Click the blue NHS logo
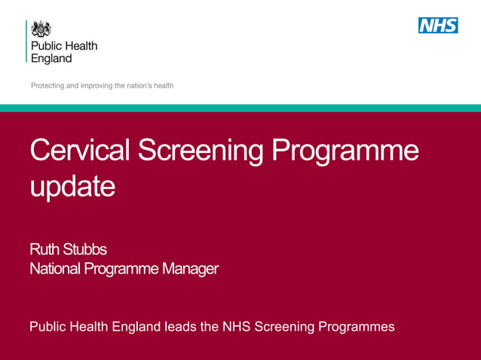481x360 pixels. tap(438, 25)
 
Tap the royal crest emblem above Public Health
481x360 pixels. tap(41, 29)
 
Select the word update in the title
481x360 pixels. tap(72, 186)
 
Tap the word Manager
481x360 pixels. tap(189, 267)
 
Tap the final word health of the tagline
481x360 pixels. tap(164, 86)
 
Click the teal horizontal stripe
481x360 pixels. tap(240, 108)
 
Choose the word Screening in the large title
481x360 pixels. tap(201, 151)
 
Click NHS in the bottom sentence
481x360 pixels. tap(237, 327)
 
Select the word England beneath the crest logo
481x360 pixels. tap(51, 58)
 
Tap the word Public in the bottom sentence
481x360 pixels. tap(47, 327)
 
